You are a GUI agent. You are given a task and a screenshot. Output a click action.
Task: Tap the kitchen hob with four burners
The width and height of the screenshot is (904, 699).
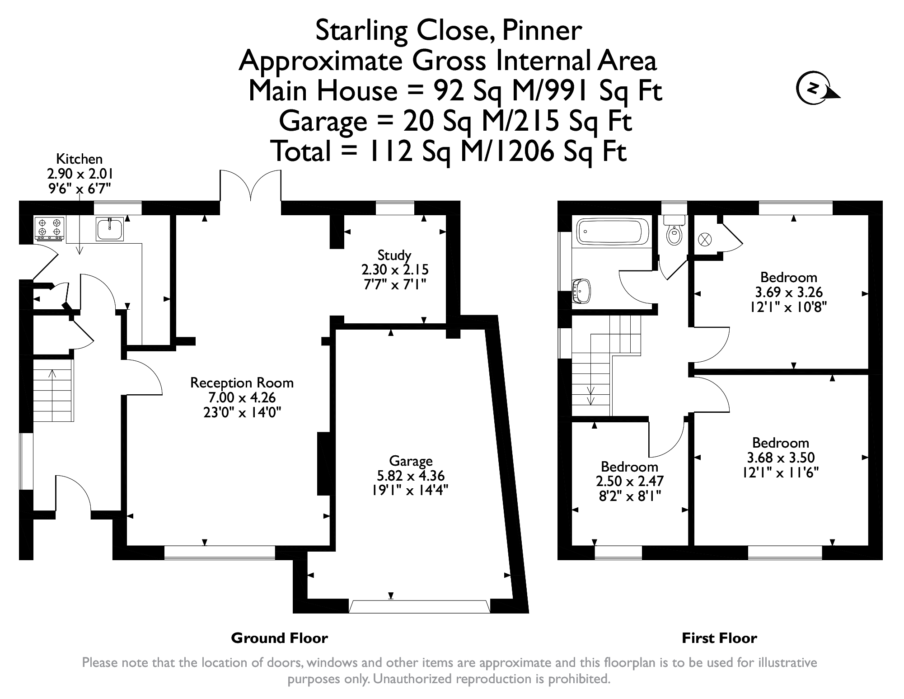(x=50, y=228)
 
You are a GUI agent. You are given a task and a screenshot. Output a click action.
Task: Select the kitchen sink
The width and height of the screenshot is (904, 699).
(x=110, y=228)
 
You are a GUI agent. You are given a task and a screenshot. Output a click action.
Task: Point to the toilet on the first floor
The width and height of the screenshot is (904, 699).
(x=674, y=230)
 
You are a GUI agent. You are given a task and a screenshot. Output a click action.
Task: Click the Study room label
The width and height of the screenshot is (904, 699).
(x=394, y=255)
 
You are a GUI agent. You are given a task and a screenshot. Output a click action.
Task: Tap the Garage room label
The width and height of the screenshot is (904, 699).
(x=411, y=461)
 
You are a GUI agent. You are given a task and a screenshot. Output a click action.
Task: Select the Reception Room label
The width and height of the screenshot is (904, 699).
(x=242, y=383)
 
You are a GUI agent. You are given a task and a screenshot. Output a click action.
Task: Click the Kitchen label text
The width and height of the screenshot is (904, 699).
(x=80, y=159)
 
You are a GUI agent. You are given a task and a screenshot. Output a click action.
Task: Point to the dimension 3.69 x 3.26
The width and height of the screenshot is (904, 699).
(x=789, y=292)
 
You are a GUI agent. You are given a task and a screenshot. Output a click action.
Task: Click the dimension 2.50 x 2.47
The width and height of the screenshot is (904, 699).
(x=629, y=481)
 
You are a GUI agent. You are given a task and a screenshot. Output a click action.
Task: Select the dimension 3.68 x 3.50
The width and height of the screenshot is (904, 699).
(x=781, y=458)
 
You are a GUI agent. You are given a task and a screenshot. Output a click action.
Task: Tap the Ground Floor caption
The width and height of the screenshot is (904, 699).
(x=279, y=638)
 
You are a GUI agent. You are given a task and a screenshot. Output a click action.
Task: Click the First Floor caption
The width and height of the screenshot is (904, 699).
(x=719, y=638)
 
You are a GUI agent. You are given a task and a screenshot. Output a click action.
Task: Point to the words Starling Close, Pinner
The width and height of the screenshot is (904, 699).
(x=448, y=31)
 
